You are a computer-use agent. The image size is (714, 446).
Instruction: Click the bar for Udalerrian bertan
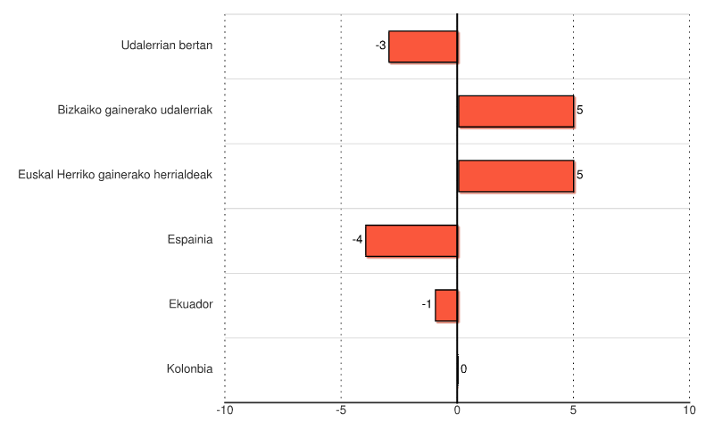pos(423,46)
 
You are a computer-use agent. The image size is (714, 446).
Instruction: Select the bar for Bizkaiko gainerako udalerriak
pos(515,111)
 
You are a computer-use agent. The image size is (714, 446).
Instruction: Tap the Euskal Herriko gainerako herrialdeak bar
pos(515,176)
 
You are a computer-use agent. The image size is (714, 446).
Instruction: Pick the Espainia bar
pos(411,241)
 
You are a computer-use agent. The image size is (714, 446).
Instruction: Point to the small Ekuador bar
pos(446,305)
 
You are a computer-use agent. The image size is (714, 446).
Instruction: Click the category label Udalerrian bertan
pos(167,45)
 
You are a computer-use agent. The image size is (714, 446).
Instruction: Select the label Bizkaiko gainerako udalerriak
pos(135,111)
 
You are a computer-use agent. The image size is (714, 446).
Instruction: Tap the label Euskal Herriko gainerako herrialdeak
pos(115,175)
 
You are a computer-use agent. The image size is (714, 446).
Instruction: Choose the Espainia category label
pos(190,240)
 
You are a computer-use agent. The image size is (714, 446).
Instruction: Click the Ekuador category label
pos(191,304)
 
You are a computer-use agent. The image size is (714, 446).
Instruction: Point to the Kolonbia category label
pos(190,369)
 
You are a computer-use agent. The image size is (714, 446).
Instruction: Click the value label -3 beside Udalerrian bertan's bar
pos(381,45)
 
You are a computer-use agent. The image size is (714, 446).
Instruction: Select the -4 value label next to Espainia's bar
pos(357,240)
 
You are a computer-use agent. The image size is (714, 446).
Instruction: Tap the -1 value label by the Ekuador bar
pos(427,305)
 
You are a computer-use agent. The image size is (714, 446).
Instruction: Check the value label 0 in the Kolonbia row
pos(463,369)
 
